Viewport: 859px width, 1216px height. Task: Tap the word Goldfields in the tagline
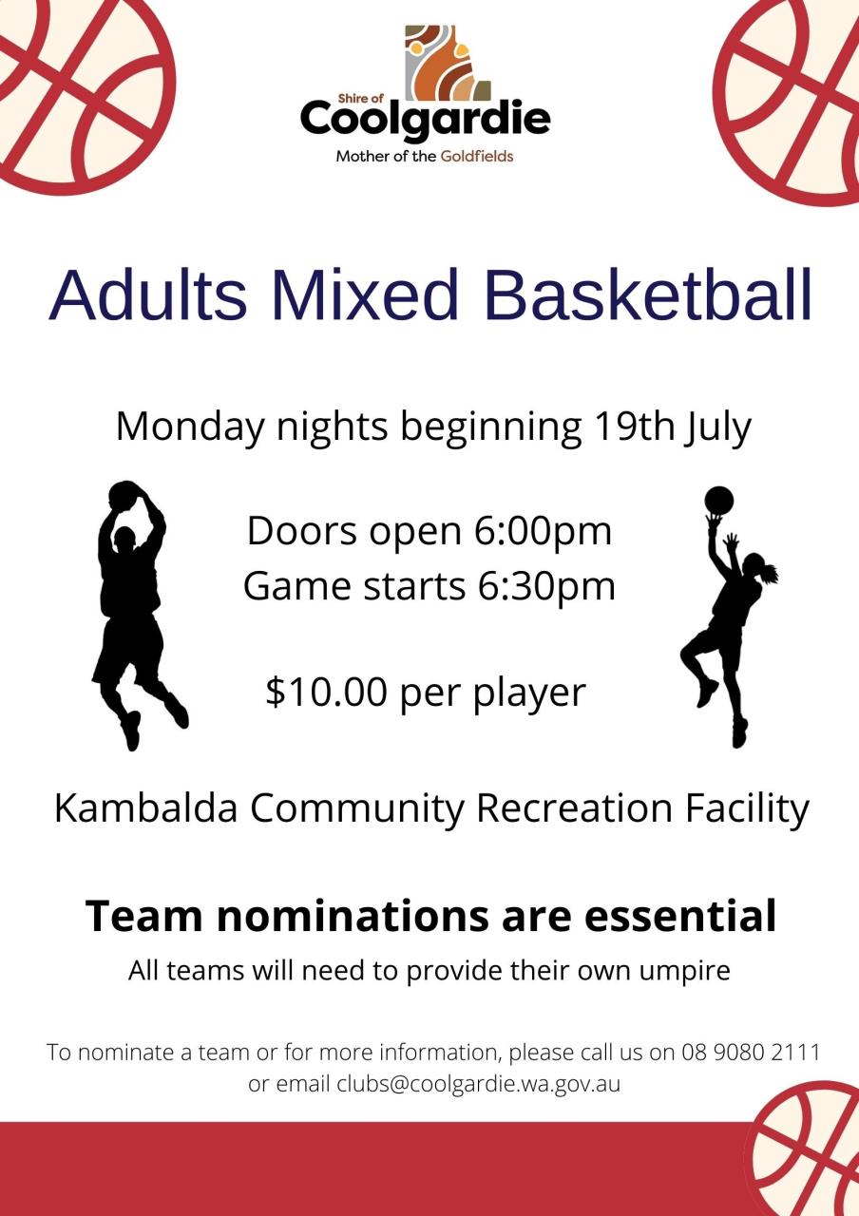[477, 157]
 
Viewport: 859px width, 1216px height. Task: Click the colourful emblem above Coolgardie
[448, 63]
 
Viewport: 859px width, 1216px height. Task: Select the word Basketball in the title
[649, 295]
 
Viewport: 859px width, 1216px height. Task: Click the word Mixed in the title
[366, 295]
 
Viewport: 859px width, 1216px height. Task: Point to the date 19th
[633, 426]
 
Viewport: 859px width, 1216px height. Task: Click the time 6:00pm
[543, 531]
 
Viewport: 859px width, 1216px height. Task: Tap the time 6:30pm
[546, 586]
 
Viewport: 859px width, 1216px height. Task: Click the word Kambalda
[146, 808]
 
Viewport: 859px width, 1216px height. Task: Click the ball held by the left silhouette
[124, 496]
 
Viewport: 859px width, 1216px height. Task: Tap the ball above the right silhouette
[718, 500]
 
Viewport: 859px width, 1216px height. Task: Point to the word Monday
[190, 427]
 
